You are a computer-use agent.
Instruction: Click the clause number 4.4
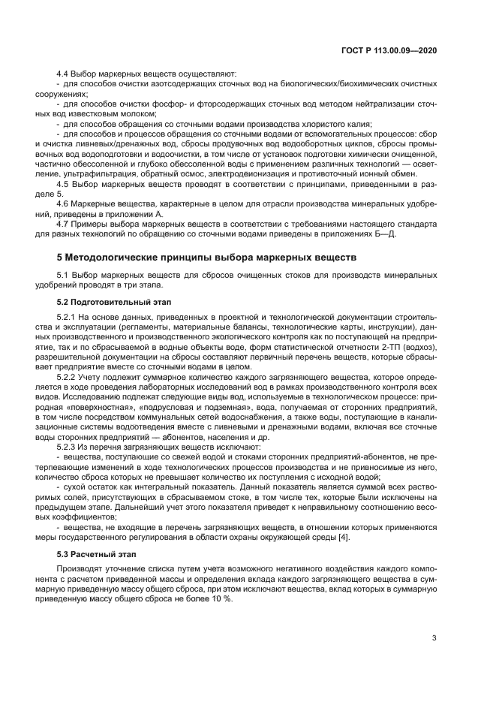click(64, 74)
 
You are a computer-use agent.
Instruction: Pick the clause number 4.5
click(64, 182)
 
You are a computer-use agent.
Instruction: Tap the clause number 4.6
click(64, 203)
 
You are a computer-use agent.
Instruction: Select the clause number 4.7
click(64, 224)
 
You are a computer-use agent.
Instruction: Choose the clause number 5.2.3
click(68, 447)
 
